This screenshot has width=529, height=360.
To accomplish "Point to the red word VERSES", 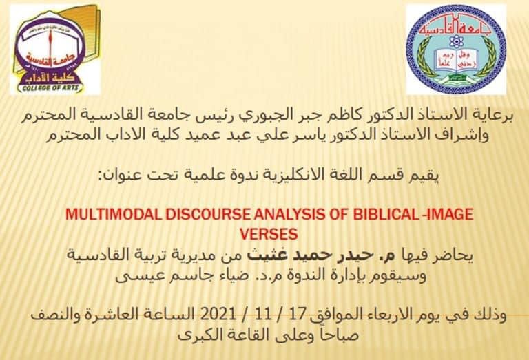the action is coord(269,234).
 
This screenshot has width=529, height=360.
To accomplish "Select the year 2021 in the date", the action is coord(218,315).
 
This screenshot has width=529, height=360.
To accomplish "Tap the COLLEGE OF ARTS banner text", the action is coord(50,88).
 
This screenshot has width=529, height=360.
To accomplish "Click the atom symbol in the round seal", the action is coord(457,41).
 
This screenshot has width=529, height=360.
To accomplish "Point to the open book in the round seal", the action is coord(456,61).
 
